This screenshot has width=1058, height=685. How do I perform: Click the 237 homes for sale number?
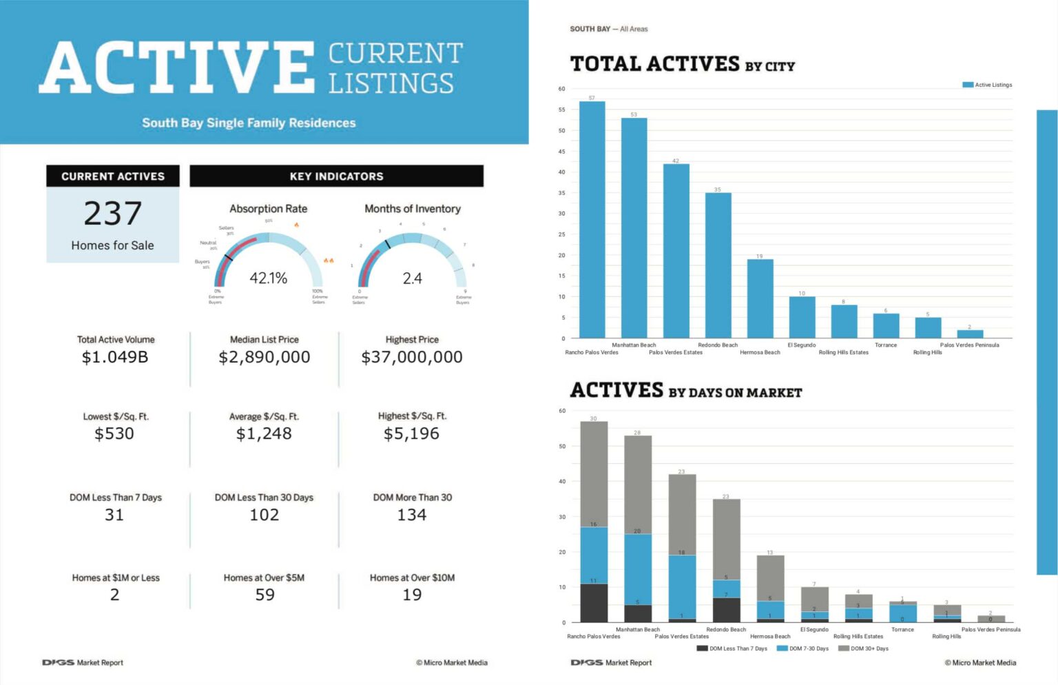[113, 214]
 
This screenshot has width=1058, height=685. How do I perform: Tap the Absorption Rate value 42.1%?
[268, 278]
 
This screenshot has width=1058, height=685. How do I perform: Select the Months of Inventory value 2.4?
[412, 278]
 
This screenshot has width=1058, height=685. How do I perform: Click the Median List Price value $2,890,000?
[264, 357]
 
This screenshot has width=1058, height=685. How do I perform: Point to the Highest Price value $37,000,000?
[412, 357]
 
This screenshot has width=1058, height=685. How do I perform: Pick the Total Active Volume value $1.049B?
[115, 357]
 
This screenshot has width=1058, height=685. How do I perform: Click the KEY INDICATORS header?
[336, 176]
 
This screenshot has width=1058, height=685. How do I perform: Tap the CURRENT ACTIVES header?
[113, 176]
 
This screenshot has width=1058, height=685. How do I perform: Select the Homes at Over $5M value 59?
[264, 595]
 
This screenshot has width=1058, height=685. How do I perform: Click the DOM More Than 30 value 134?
[412, 515]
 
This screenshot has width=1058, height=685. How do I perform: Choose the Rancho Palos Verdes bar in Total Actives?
[592, 221]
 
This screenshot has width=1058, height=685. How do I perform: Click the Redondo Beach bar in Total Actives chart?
[718, 265]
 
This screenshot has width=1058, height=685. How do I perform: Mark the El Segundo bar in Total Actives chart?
[802, 318]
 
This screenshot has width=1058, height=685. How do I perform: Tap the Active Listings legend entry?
[987, 85]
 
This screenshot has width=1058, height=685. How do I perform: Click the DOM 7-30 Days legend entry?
[802, 648]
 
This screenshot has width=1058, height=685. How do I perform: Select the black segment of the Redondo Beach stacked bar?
[726, 610]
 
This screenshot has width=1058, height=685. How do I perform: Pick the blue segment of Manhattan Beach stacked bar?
[638, 569]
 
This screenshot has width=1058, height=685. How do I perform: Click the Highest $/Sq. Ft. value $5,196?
[411, 433]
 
